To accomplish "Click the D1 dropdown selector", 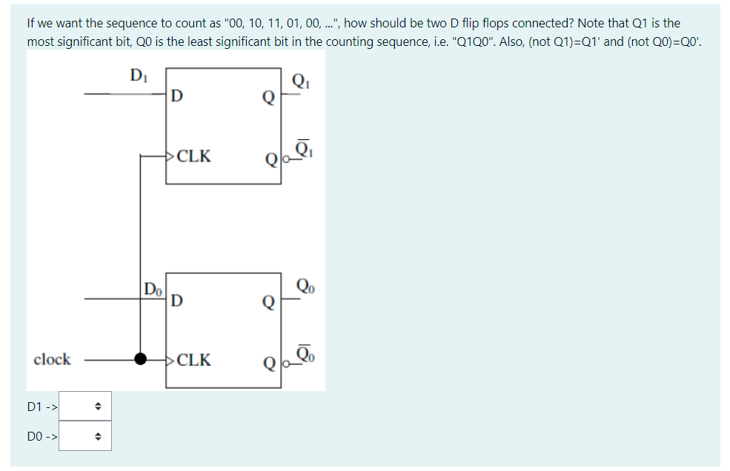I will point(85,406).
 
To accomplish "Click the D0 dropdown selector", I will point(85,436).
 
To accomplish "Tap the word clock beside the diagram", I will point(52,360).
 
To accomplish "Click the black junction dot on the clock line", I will point(140,360).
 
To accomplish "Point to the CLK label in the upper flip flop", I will point(194,156).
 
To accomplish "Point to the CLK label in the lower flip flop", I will point(194,361).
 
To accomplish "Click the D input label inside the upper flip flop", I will point(176,96).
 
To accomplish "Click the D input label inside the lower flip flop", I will point(176,301).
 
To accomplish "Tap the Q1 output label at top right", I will point(300,81).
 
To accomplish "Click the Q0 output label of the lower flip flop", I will point(304,285).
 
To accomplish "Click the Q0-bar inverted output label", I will point(305,355).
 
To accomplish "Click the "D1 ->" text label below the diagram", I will point(42,407).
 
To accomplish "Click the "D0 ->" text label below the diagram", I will point(42,437).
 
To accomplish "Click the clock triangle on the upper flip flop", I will point(170,156).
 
